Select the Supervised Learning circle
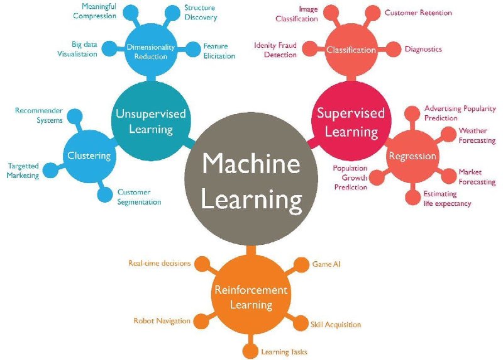[350, 122]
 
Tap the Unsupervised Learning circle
[152, 121]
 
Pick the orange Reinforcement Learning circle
[251, 297]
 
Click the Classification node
[351, 50]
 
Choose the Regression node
[412, 156]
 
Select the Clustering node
[89, 155]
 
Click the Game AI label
[326, 264]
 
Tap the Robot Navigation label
[162, 321]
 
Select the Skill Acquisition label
[336, 325]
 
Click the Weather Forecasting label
[477, 135]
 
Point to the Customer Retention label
[418, 13]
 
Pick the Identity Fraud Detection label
[275, 50]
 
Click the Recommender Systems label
[39, 115]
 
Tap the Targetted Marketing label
[23, 171]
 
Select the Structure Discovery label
[201, 13]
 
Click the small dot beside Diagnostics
[394, 49]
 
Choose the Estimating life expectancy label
[447, 199]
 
